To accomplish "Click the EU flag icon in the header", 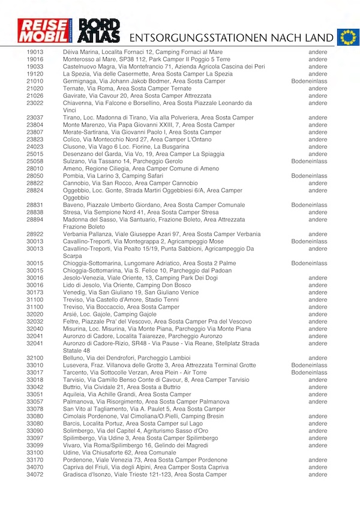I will point(347,37).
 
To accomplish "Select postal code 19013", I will point(35,52).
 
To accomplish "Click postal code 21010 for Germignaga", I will point(35,81).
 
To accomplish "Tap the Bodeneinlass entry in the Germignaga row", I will point(309,81).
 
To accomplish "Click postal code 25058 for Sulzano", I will point(35,161).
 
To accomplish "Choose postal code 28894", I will point(35,220).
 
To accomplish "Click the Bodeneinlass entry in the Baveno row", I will point(309,205).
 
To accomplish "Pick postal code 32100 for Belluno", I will point(35,358).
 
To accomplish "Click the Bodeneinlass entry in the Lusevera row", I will point(309,365).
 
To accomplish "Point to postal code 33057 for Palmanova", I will point(35,402).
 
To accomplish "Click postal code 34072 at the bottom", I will point(35,474).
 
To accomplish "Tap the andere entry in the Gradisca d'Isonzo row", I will point(317,474).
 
